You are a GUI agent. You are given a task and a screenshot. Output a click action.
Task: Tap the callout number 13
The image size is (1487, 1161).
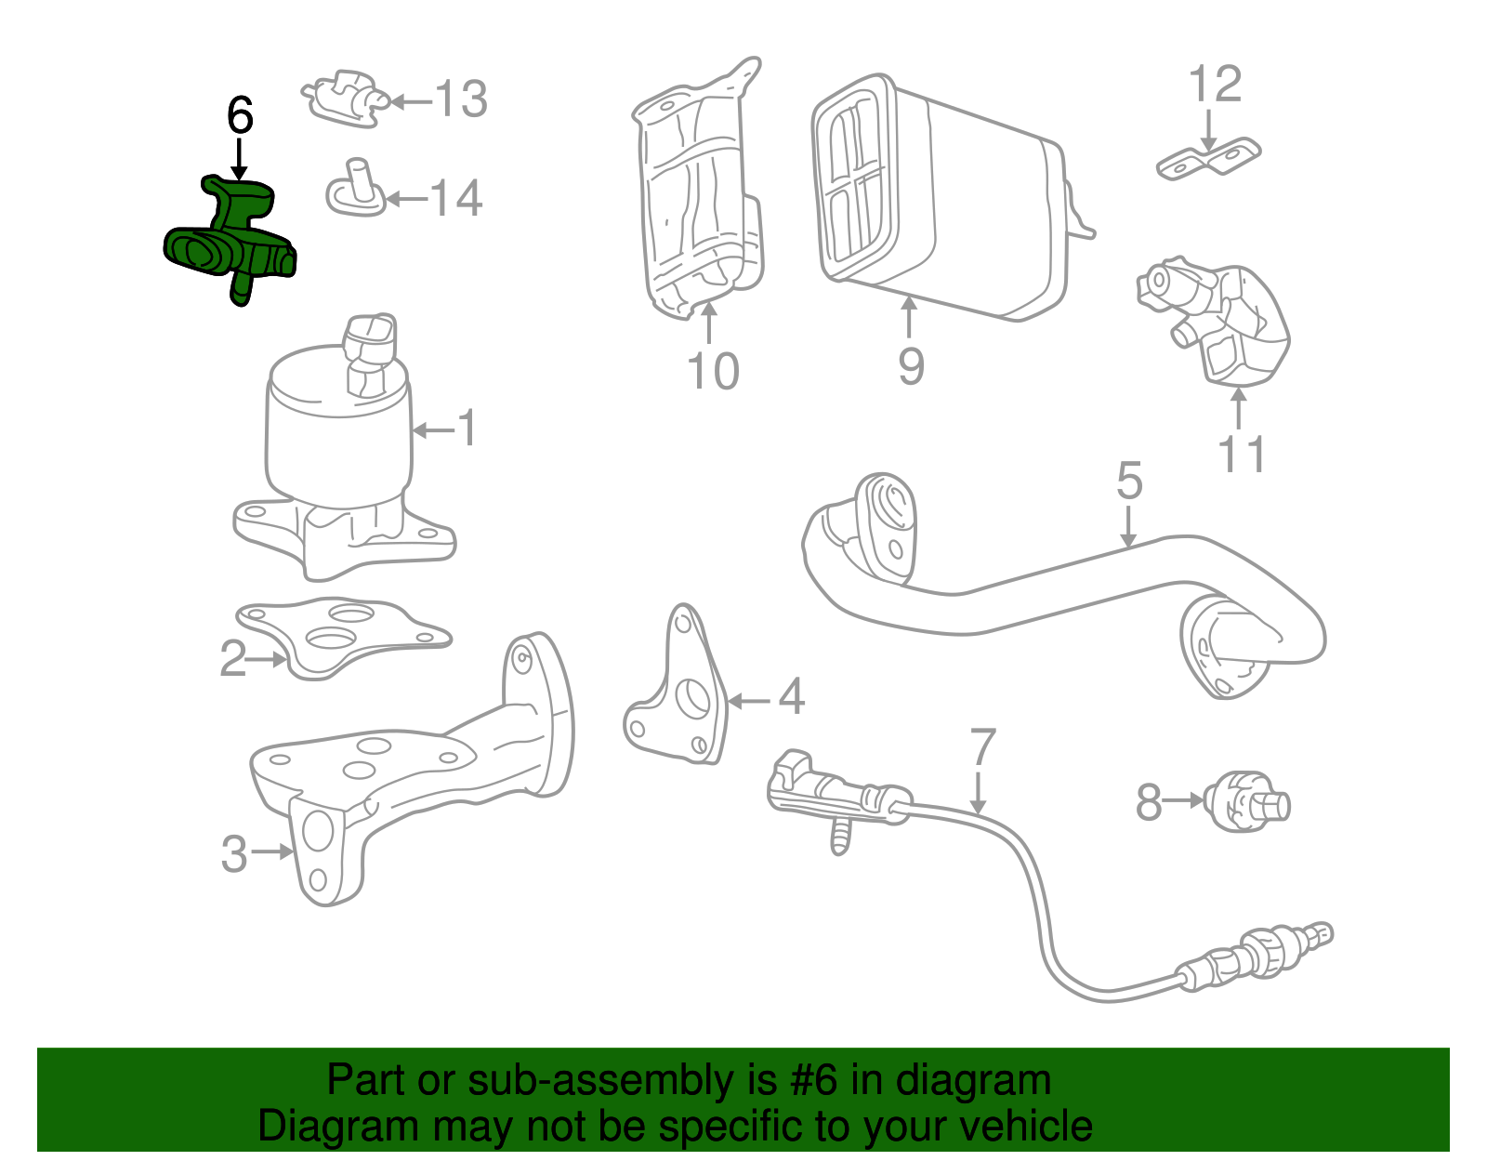pyautogui.click(x=461, y=99)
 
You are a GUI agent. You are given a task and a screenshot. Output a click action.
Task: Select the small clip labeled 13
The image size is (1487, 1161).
pyautogui.click(x=344, y=97)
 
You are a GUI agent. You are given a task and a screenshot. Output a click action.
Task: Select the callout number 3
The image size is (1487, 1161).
pyautogui.click(x=233, y=853)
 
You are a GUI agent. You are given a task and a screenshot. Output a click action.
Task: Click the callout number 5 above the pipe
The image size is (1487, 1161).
pyautogui.click(x=1128, y=482)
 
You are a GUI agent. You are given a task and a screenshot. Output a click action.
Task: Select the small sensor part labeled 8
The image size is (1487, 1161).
pyautogui.click(x=1245, y=802)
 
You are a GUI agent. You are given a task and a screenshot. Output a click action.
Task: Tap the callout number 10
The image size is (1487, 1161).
pyautogui.click(x=713, y=371)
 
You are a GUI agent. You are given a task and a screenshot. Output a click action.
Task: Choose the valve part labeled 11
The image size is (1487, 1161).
pyautogui.click(x=1217, y=321)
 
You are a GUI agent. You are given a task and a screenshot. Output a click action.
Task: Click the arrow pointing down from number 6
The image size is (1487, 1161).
pyautogui.click(x=240, y=158)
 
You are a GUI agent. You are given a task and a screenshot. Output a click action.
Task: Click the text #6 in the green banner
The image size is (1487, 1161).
pyautogui.click(x=815, y=1081)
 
